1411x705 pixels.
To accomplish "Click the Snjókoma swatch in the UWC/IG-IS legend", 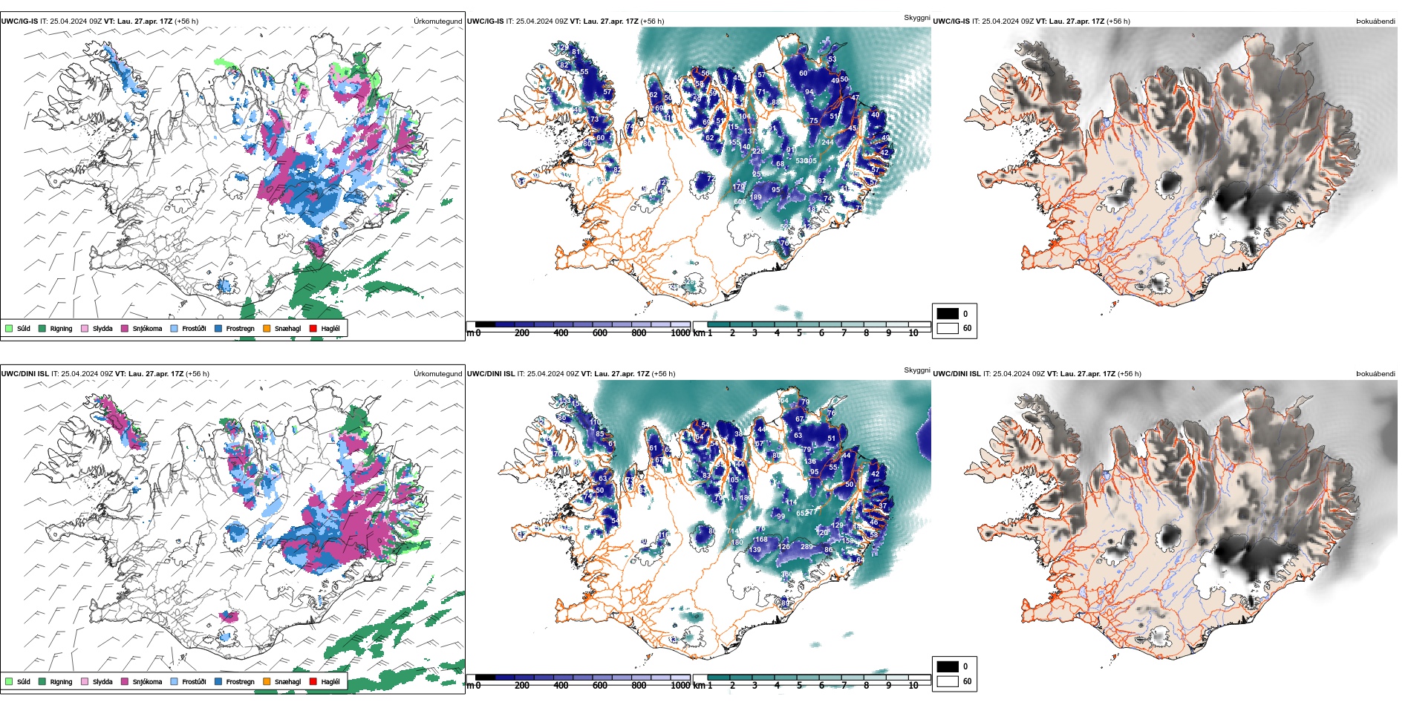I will (125, 328).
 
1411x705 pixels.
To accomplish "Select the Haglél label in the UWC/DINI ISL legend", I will (330, 681).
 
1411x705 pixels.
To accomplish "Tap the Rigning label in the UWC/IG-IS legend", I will (61, 328).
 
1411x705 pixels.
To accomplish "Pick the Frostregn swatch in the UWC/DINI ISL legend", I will (218, 681).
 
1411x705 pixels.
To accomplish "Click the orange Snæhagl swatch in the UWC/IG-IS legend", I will (267, 328).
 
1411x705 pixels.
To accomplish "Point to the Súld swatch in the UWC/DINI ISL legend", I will (9, 681).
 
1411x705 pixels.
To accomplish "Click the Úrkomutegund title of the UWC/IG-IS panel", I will (437, 21).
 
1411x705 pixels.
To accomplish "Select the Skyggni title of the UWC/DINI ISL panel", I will (916, 370).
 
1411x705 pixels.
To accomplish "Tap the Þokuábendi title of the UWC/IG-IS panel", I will (1375, 21).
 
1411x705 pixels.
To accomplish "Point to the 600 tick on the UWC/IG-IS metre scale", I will (599, 333).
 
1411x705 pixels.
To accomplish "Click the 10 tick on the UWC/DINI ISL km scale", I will (913, 686).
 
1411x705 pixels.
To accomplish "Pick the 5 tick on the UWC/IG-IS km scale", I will (799, 333).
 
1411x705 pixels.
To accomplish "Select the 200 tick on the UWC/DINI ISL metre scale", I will (522, 686).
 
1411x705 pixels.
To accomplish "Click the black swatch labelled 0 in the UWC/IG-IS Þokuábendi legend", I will (948, 314).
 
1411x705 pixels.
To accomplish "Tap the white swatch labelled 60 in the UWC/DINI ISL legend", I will (948, 681).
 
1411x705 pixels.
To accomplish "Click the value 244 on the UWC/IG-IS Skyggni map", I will (827, 142).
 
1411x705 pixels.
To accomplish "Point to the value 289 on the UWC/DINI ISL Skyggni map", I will (806, 547).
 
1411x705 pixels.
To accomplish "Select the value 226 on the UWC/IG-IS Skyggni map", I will (758, 151).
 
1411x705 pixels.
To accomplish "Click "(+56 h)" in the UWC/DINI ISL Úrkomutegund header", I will (197, 374).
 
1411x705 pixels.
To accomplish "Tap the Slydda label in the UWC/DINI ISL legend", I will (102, 681).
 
